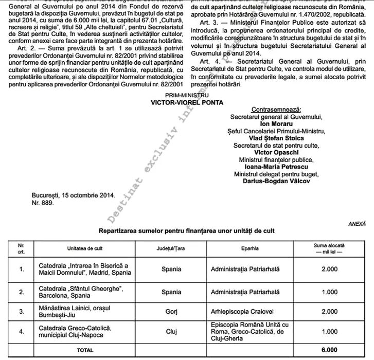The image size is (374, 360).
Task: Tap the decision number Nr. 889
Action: [42, 203]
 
